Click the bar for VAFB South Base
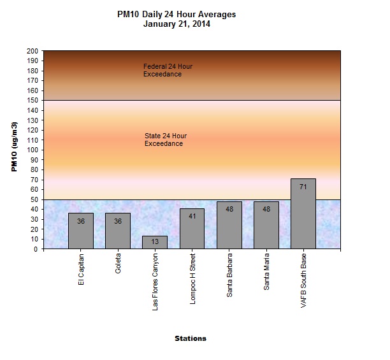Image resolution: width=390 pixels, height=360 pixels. pyautogui.click(x=303, y=213)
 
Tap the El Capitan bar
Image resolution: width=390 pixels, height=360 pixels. pyautogui.click(x=81, y=231)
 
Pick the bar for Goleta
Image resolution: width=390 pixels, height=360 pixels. pyautogui.click(x=118, y=231)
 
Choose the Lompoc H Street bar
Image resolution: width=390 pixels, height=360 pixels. pyautogui.click(x=192, y=228)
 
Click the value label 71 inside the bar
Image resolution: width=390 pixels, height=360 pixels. pyautogui.click(x=303, y=187)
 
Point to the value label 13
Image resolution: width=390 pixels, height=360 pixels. pyautogui.click(x=155, y=241)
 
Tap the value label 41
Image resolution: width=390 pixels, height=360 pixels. pyautogui.click(x=192, y=217)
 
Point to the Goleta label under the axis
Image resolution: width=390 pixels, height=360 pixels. pyautogui.click(x=119, y=268)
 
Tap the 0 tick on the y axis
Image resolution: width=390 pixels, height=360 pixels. pyautogui.click(x=36, y=249)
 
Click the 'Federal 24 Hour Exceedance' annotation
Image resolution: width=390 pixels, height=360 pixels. pyautogui.click(x=168, y=70)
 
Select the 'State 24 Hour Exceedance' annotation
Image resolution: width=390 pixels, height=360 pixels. pyautogui.click(x=166, y=140)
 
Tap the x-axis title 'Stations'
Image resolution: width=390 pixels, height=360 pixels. pyautogui.click(x=191, y=338)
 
